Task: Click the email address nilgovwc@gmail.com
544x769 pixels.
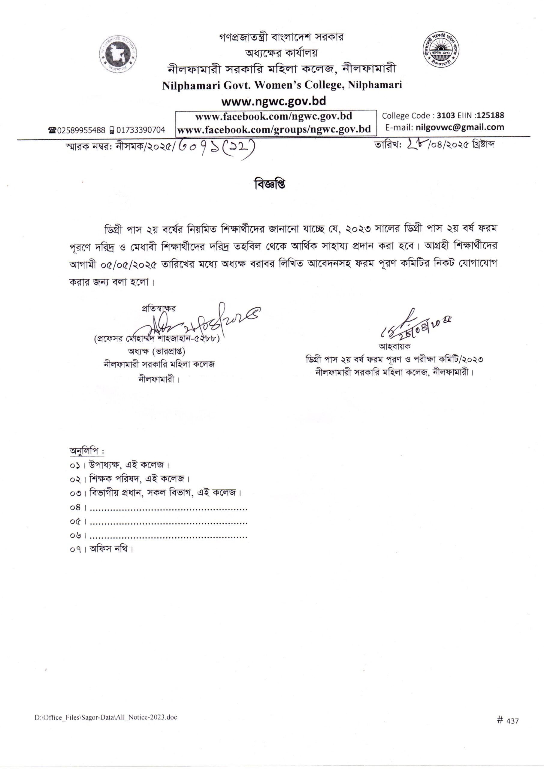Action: point(460,127)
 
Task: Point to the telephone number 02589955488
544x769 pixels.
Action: point(81,130)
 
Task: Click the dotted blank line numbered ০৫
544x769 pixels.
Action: point(168,522)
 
